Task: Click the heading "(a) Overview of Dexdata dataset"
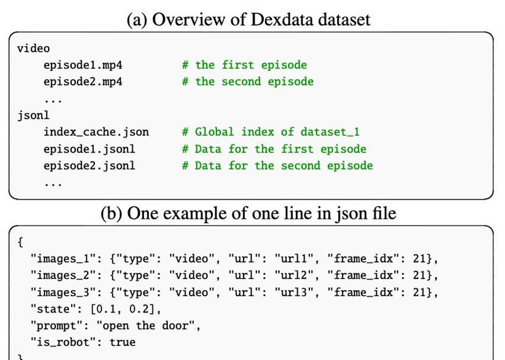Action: [249, 19]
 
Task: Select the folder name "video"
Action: [33, 48]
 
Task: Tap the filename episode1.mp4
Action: [83, 65]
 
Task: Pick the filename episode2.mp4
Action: [83, 81]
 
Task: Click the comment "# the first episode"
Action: [244, 65]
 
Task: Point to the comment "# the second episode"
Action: [247, 81]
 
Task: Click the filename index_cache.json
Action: [96, 132]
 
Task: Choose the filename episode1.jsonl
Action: [89, 149]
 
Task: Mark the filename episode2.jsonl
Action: [89, 165]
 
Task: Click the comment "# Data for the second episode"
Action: [277, 165]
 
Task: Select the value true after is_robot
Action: [122, 342]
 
